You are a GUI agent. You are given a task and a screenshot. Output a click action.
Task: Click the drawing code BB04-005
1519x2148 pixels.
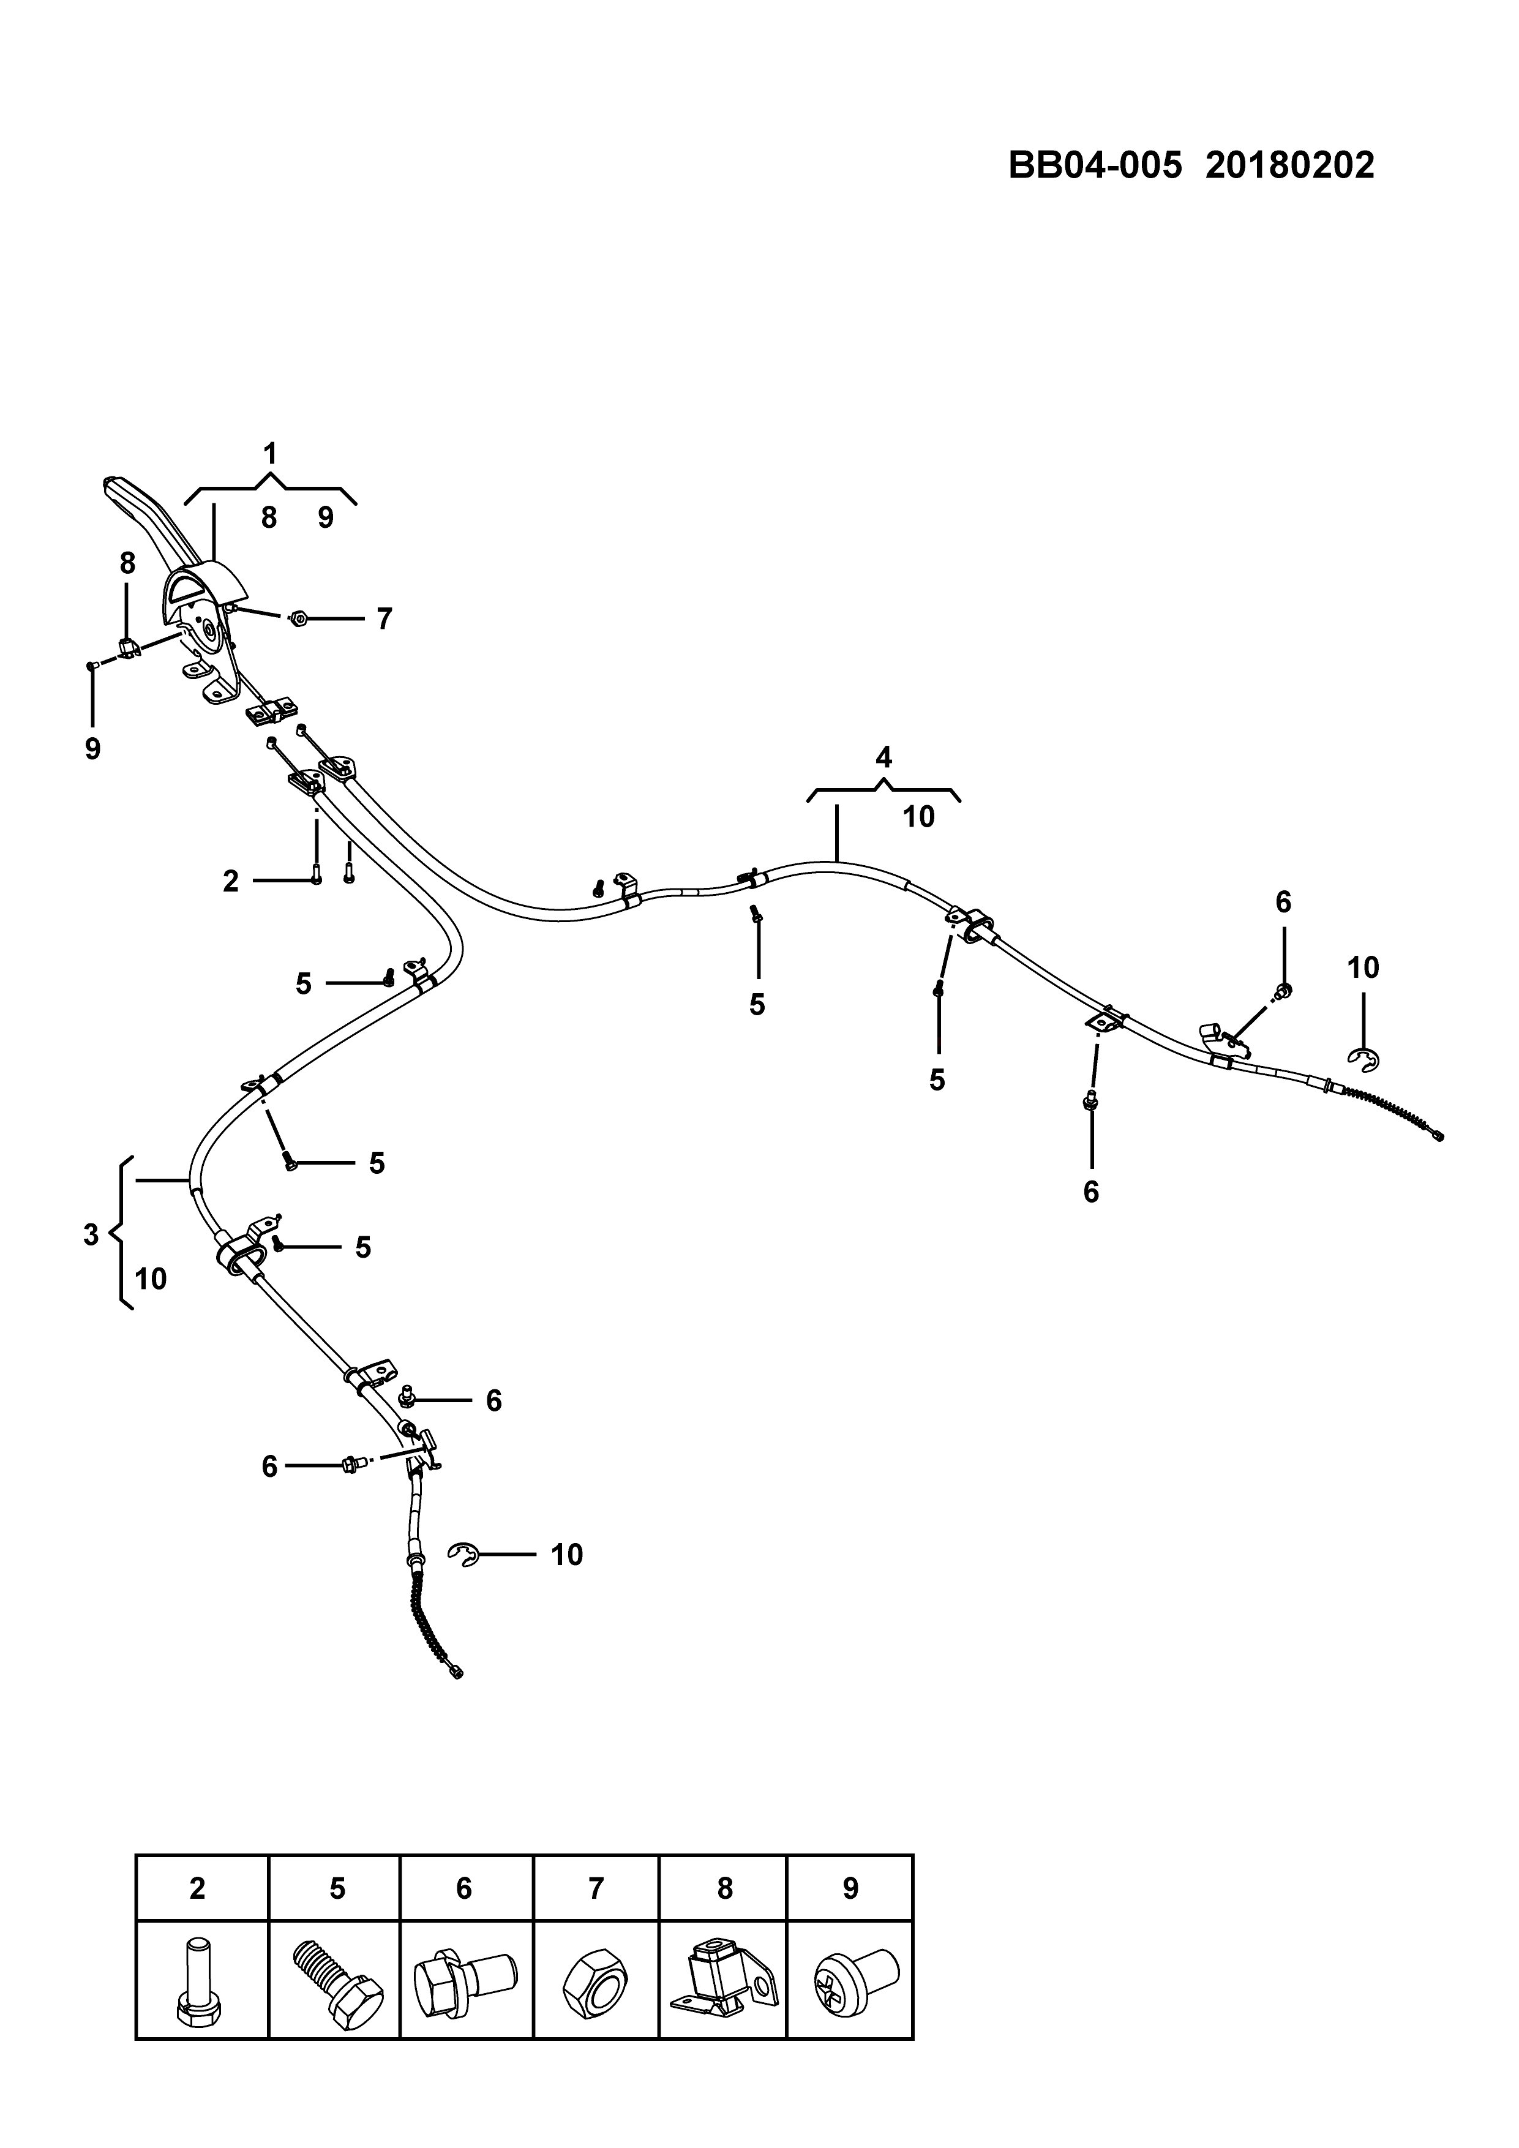coord(1094,165)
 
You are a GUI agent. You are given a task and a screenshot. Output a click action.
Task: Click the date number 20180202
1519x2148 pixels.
coord(1290,165)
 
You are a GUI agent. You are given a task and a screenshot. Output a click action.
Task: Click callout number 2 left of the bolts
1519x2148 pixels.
coord(231,881)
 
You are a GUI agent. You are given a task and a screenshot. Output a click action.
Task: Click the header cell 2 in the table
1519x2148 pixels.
coord(197,1889)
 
